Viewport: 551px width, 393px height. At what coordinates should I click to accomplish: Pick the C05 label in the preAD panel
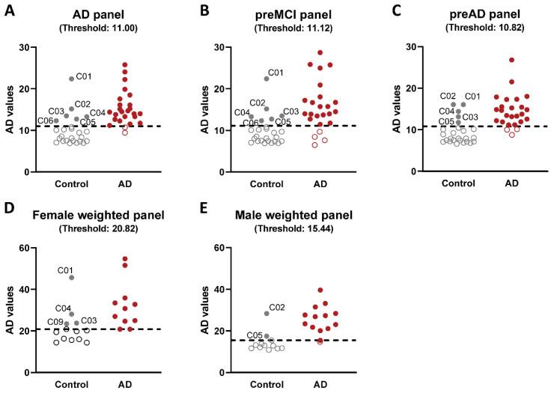point(446,121)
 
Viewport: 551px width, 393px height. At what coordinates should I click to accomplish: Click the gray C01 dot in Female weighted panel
point(72,278)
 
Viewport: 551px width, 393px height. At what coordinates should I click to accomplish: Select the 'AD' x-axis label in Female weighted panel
point(125,384)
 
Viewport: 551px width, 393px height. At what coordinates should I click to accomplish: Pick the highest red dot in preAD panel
point(491,60)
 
